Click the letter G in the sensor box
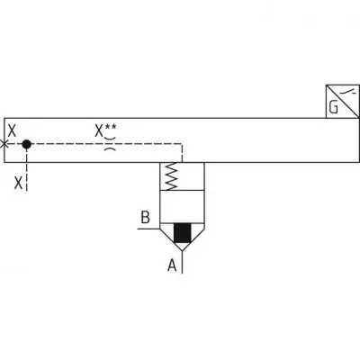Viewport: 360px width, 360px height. click(x=334, y=107)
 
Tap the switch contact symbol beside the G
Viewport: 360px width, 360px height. click(x=349, y=92)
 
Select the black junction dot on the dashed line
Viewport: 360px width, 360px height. click(x=27, y=144)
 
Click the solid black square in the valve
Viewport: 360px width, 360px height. click(x=183, y=233)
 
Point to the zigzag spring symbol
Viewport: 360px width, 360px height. click(x=171, y=176)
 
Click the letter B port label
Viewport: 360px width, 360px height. click(x=146, y=217)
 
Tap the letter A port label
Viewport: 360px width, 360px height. click(x=172, y=265)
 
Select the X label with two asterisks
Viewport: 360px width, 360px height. click(x=105, y=130)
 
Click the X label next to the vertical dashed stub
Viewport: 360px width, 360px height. click(x=19, y=183)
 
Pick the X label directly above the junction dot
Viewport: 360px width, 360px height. click(x=12, y=130)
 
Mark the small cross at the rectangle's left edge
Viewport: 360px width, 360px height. click(x=4, y=144)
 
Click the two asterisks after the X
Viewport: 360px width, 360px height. click(x=110, y=127)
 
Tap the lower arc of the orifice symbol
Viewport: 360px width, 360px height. click(x=110, y=148)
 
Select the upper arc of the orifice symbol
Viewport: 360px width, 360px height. click(x=110, y=139)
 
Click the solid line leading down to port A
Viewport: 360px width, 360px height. click(x=183, y=262)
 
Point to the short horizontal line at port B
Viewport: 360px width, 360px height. click(x=148, y=229)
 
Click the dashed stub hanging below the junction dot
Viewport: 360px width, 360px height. click(x=27, y=169)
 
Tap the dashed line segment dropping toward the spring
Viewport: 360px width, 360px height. click(x=182, y=153)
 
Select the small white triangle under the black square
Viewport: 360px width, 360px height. click(x=183, y=246)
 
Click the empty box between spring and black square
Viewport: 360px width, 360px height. click(x=183, y=207)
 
